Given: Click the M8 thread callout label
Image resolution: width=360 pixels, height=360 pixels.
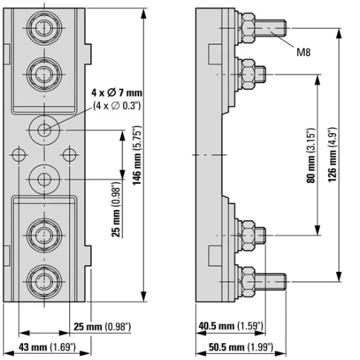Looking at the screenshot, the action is tap(303, 52).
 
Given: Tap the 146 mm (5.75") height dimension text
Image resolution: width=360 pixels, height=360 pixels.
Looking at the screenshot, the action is tap(137, 155).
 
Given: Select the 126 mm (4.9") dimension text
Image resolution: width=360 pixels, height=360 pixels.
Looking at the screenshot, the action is tap(332, 154).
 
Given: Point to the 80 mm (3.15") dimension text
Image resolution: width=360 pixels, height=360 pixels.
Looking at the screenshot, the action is tap(311, 155).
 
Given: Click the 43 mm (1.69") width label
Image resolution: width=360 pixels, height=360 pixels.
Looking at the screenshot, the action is tap(47, 347).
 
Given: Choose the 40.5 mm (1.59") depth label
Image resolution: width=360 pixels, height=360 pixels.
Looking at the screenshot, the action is tap(231, 326).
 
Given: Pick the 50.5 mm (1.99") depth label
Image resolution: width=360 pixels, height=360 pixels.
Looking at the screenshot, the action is tap(240, 347).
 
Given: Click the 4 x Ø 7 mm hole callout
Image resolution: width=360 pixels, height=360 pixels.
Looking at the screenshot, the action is tap(117, 93).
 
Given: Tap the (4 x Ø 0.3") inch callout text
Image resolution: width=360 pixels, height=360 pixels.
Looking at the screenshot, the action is tap(117, 106).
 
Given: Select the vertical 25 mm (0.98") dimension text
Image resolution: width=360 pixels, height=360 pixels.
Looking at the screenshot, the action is tap(115, 210).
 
